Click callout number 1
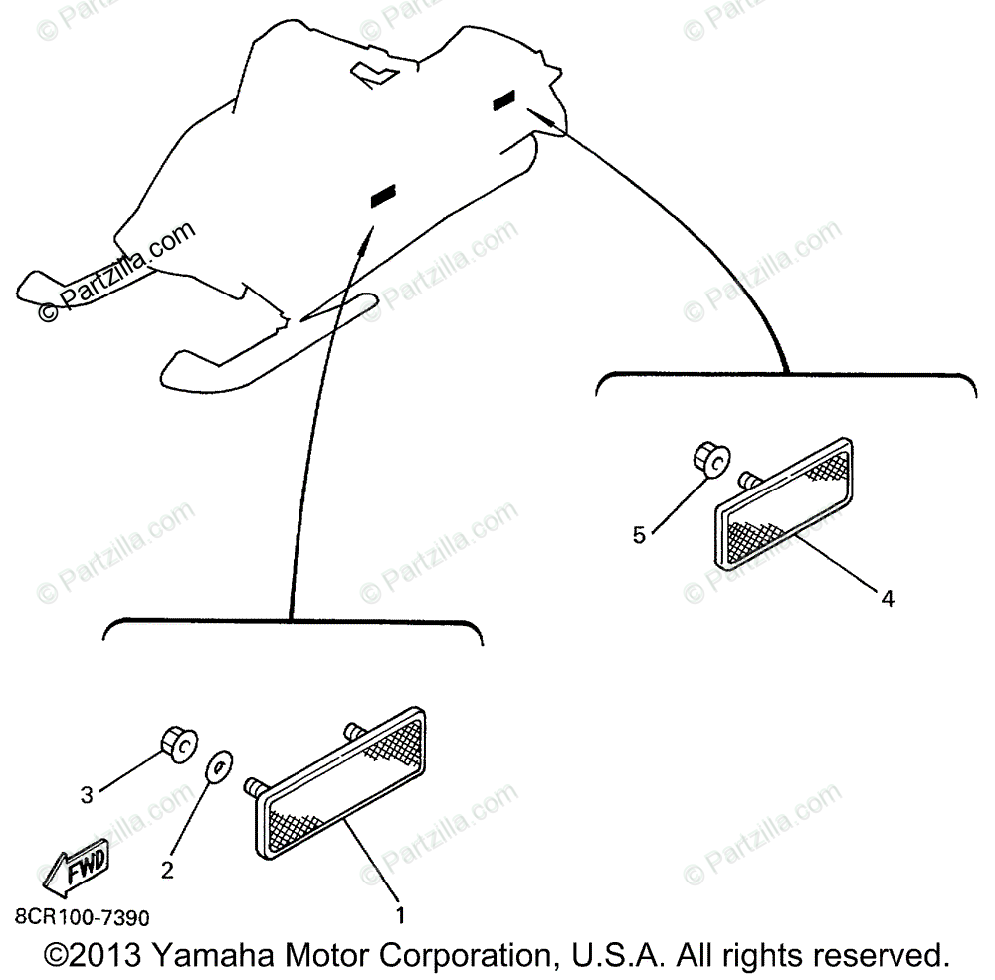pos(400,913)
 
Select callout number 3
pos(88,795)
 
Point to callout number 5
pos(640,535)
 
